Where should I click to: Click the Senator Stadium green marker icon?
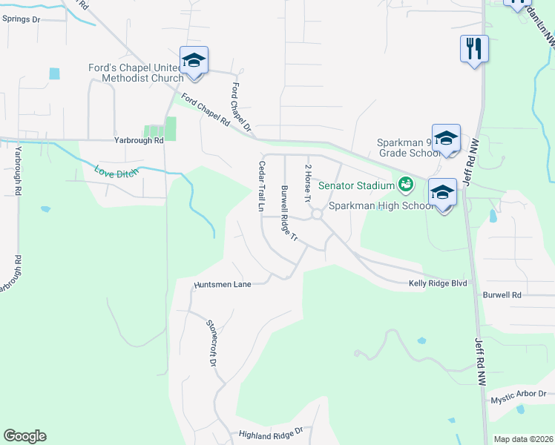coord(406,183)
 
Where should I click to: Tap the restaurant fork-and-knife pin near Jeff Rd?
coord(474,49)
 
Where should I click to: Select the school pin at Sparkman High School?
coord(442,193)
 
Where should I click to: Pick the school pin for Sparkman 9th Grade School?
coord(446,139)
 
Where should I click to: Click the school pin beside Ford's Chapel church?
coord(194,60)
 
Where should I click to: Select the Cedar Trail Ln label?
coord(261,187)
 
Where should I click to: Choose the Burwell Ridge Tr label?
coord(288,214)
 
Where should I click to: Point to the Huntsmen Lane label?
coord(223,284)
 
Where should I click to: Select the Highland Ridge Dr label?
coord(271,433)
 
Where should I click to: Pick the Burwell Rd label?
coord(502,294)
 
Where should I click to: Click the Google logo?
coord(25,436)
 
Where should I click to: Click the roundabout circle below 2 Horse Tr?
coord(317,215)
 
